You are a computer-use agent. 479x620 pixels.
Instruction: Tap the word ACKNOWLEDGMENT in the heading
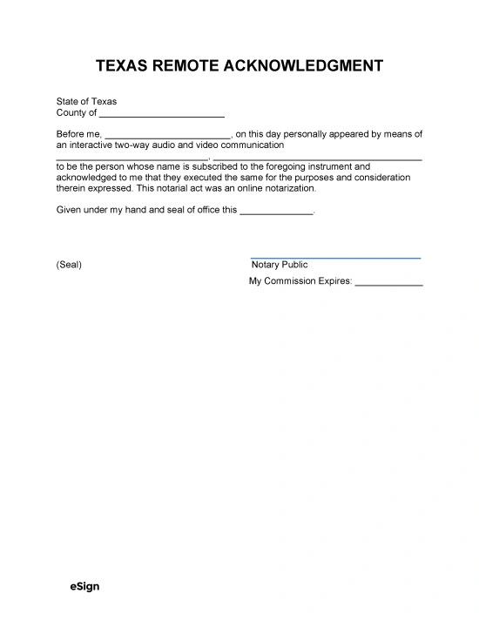point(314,66)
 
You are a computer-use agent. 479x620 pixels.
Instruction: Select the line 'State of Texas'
point(86,102)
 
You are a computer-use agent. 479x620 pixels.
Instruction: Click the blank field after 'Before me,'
point(167,135)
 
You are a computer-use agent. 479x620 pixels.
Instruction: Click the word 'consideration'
point(380,177)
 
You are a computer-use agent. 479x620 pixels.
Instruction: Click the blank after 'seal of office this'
point(275,211)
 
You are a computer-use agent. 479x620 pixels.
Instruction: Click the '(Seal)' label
point(69,265)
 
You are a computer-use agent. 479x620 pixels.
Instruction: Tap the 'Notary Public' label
point(279,265)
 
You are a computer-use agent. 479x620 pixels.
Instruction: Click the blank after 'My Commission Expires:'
point(389,283)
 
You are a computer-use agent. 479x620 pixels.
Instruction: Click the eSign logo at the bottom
point(84,586)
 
